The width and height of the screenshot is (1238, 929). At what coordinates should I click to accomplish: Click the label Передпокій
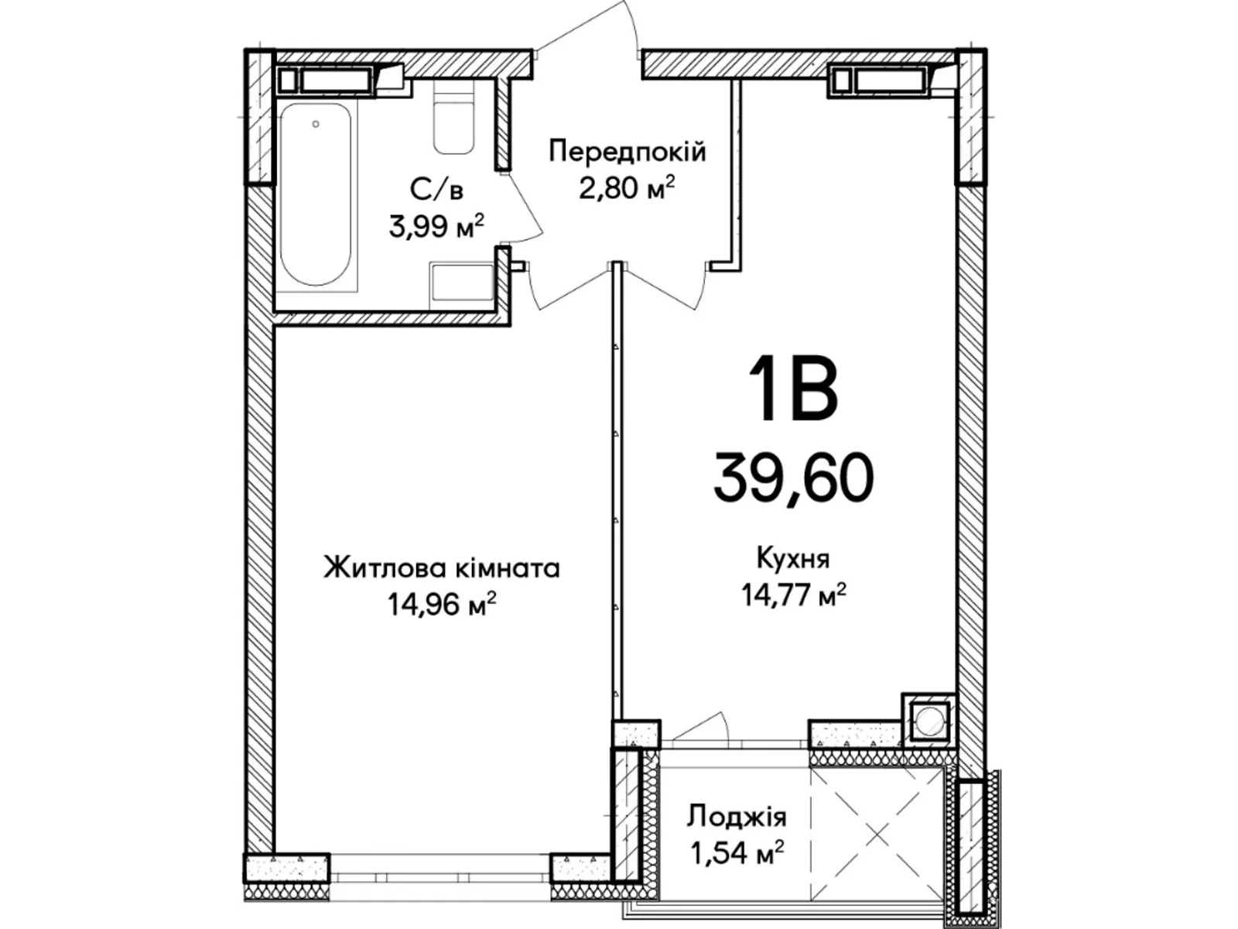pos(627,152)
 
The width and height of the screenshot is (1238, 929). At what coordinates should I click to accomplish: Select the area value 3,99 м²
pos(437,227)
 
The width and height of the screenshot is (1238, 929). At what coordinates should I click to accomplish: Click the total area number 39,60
pos(793,478)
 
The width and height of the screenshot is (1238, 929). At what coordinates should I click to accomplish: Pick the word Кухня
pos(793,557)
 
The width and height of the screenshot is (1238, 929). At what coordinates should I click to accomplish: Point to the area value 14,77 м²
pos(793,595)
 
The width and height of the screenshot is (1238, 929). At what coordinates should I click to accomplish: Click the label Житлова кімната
pos(441,569)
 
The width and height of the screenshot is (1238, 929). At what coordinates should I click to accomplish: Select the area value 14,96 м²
pos(441,605)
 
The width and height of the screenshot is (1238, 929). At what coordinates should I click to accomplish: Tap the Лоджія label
pos(737,817)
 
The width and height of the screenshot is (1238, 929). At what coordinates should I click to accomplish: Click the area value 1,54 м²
pos(737,853)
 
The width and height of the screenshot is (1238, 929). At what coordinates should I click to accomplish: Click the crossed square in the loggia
pos(878,836)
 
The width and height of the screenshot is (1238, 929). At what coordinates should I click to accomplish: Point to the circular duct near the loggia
pos(928,722)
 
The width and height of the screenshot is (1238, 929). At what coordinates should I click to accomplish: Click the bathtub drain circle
pos(316,123)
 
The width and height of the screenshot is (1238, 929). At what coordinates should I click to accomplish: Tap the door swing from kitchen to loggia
pos(700,728)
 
